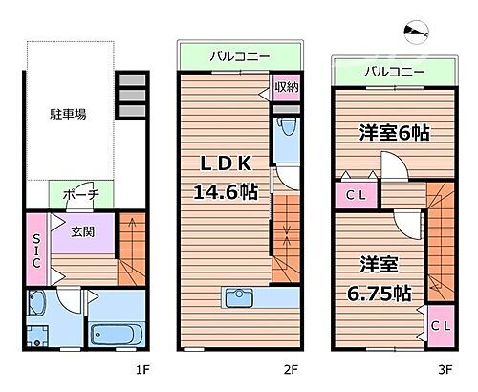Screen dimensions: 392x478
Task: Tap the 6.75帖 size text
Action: (380, 293)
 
